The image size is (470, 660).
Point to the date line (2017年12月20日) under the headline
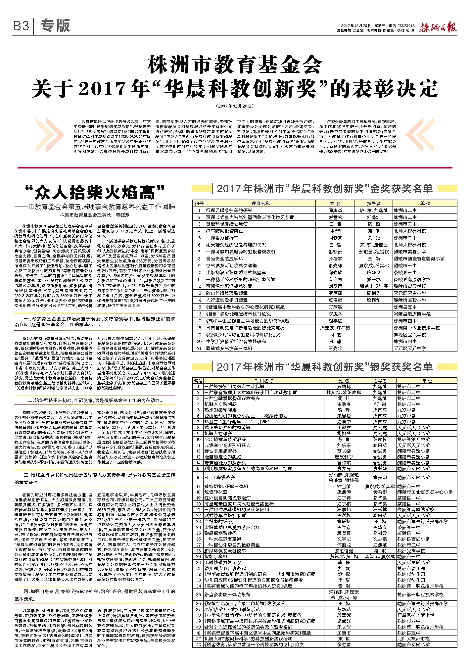point(235,106)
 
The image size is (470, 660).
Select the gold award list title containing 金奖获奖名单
point(324,189)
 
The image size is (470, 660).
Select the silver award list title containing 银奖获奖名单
point(324,367)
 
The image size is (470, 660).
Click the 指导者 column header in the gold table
point(374,203)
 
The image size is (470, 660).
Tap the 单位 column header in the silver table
point(427,381)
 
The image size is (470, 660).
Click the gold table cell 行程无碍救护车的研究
point(229,210)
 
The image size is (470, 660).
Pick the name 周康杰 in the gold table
point(335,210)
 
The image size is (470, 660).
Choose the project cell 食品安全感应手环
point(224,259)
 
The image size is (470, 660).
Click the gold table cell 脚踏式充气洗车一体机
point(229,348)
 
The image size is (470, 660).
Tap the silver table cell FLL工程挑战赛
point(220,477)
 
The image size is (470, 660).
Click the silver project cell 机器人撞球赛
point(218,433)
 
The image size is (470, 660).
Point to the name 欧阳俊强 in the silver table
point(344,551)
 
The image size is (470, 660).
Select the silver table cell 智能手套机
point(216,557)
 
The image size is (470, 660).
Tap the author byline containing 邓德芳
point(95,215)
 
